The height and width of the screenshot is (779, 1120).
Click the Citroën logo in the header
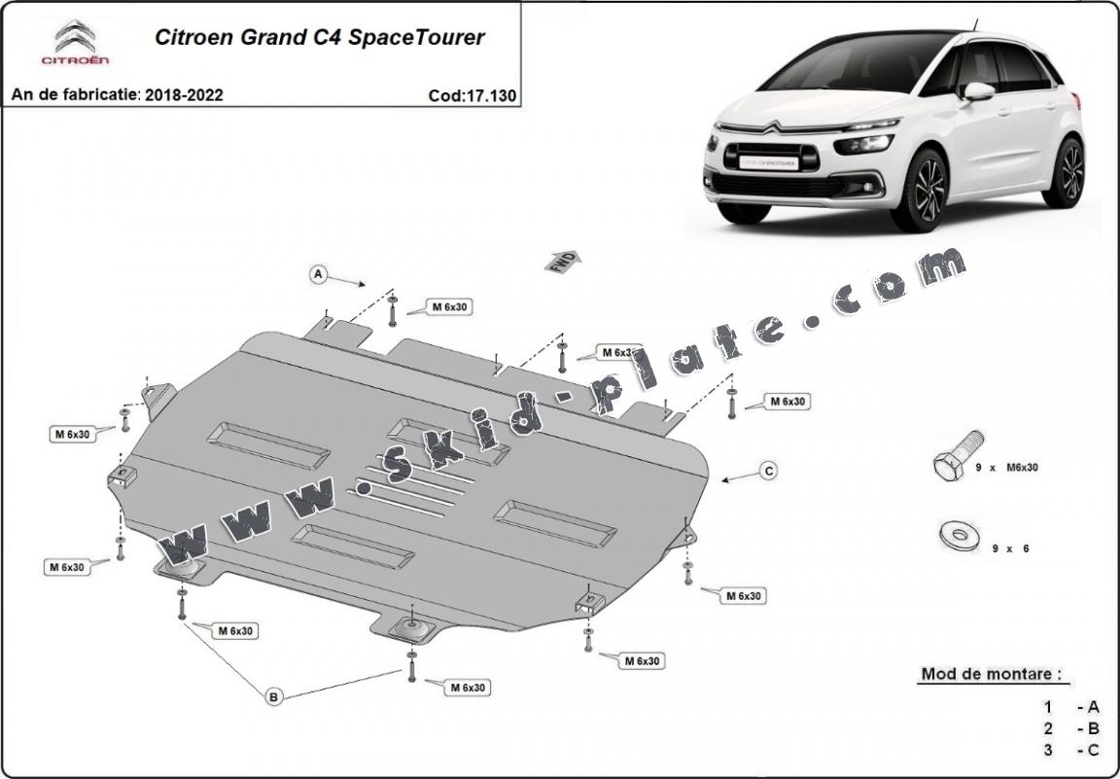(x=74, y=43)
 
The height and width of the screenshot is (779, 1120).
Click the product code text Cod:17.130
(x=472, y=95)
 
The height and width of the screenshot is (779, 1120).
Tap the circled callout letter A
(x=318, y=275)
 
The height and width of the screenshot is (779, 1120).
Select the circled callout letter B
(x=274, y=695)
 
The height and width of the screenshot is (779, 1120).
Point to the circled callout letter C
(x=768, y=471)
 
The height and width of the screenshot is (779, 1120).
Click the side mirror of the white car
(x=978, y=91)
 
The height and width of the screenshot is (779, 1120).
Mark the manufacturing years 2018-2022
(x=184, y=95)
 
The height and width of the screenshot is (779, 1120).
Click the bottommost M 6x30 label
(x=468, y=688)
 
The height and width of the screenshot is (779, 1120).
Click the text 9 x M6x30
(x=1006, y=468)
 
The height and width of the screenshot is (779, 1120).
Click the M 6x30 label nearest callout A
(x=449, y=307)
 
